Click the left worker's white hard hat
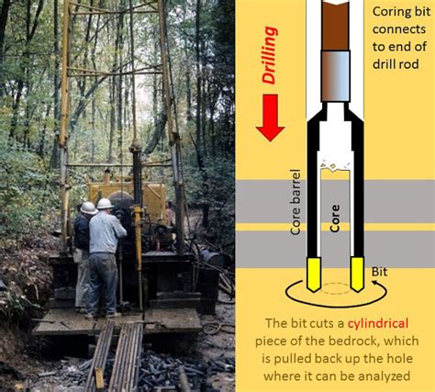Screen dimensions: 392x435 click(88, 208)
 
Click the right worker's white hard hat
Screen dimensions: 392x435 click(105, 203)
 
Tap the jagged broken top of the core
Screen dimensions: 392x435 click(336, 167)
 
